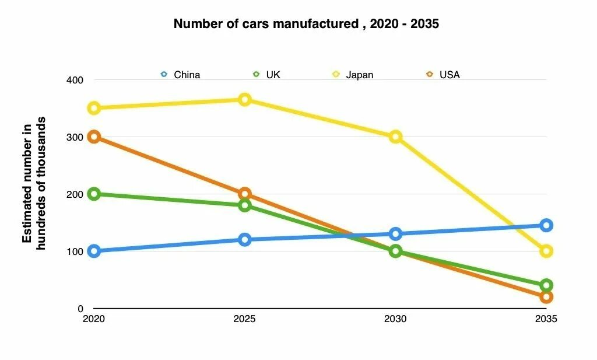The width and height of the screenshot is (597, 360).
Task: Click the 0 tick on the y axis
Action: point(80,309)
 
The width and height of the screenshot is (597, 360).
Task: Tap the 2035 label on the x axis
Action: point(546,320)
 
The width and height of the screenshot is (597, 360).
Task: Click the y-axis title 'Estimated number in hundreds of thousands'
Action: point(34,183)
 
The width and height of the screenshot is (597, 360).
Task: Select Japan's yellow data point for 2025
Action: point(245,100)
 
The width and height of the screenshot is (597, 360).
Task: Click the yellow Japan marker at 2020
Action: point(94,108)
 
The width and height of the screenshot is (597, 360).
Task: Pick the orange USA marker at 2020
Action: point(94,137)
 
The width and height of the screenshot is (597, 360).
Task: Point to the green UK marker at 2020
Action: point(94,194)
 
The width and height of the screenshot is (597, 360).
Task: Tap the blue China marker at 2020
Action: point(94,251)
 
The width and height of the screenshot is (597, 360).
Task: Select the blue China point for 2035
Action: point(546,225)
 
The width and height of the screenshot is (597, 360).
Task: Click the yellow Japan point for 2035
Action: point(546,251)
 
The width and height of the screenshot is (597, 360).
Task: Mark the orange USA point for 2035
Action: point(546,297)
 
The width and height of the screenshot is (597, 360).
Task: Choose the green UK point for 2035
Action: point(546,285)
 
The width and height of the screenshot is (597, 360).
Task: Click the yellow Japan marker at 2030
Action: point(395,137)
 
